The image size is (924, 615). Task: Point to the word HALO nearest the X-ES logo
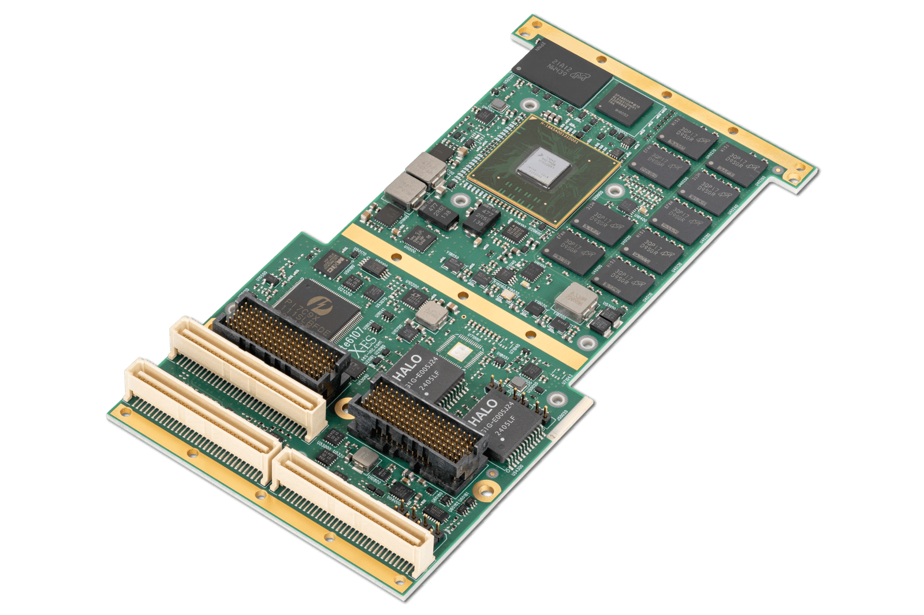408,368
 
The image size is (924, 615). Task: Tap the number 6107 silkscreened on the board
352,334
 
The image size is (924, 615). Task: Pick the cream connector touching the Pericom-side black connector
248,375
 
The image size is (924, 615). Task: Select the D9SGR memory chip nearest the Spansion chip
687,137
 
